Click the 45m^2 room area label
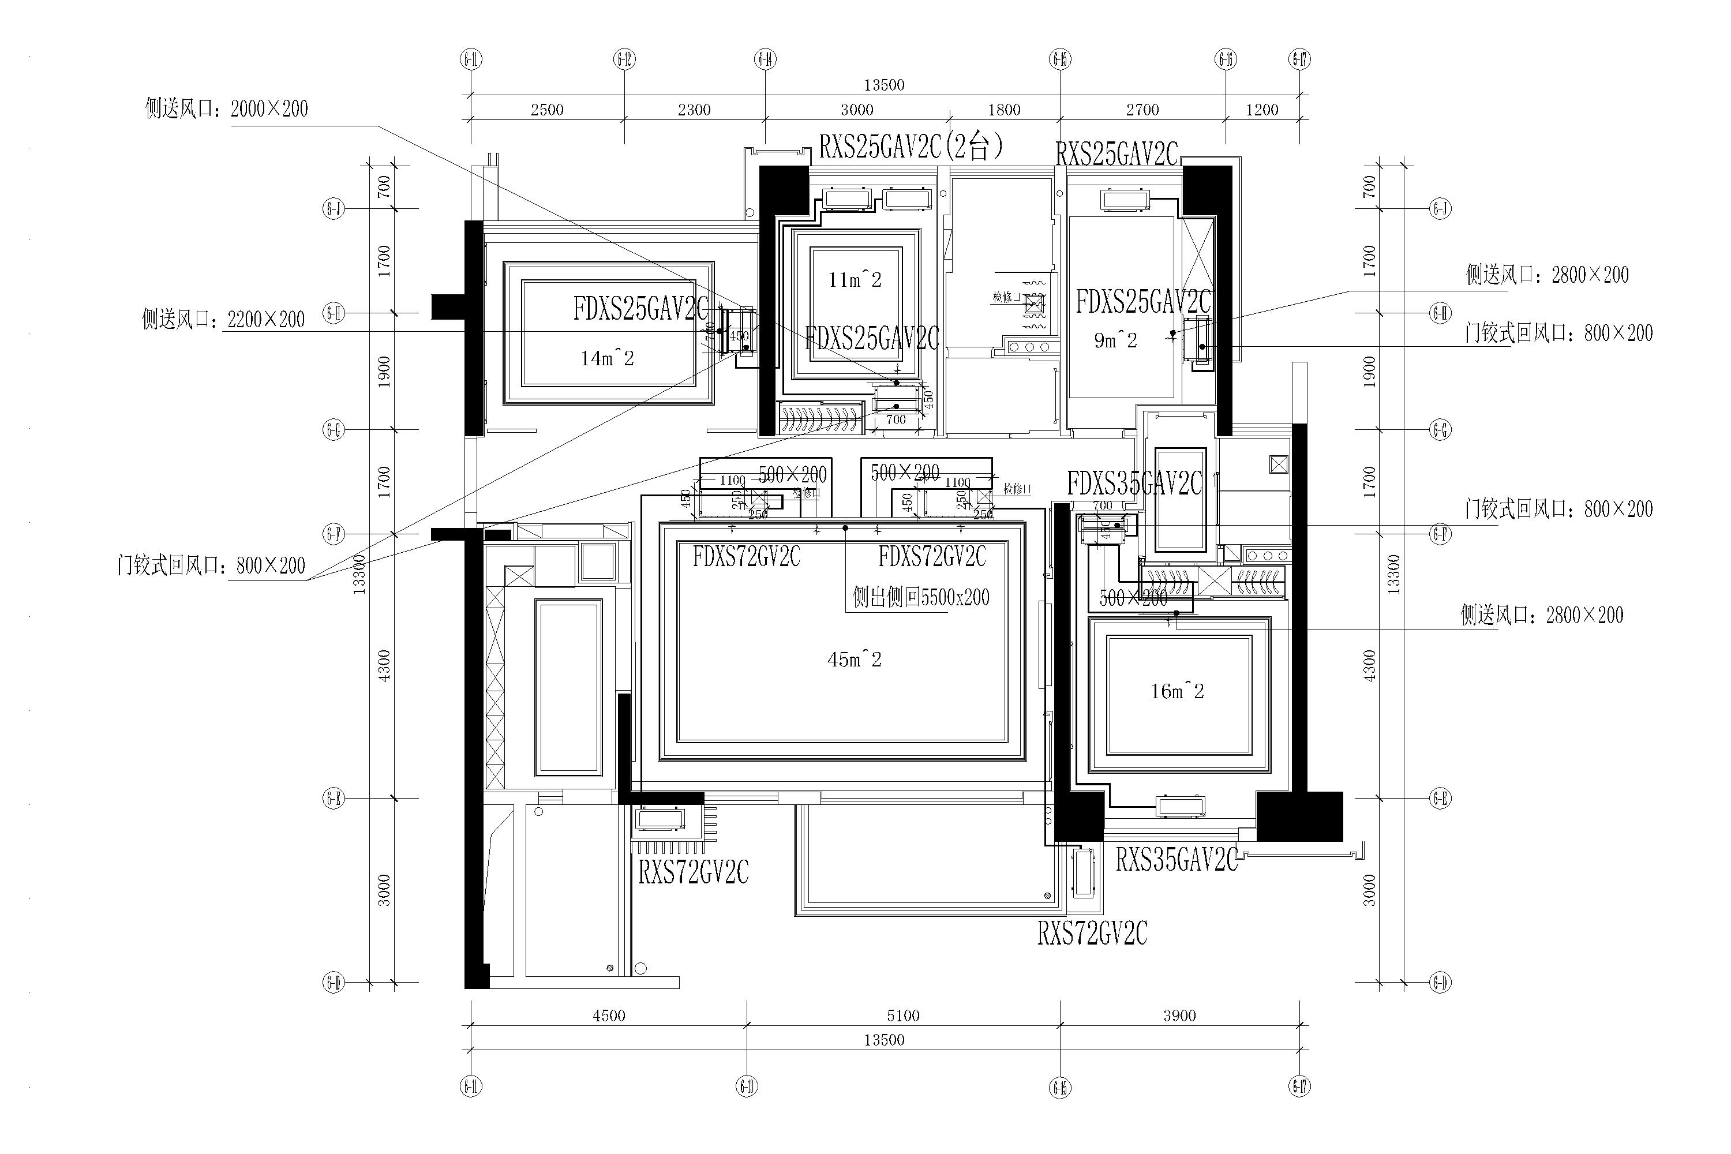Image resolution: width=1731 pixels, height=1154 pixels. (854, 660)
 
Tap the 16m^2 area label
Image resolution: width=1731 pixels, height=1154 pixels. (1177, 691)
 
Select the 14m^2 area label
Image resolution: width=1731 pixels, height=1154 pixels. (607, 358)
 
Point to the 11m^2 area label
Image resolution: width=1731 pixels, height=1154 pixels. (855, 280)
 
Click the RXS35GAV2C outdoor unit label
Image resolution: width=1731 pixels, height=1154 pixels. (1176, 860)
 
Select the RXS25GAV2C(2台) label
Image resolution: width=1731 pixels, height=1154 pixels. (911, 147)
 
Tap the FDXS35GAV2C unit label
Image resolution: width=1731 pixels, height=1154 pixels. (1134, 484)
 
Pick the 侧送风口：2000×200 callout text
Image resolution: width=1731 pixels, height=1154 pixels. (227, 109)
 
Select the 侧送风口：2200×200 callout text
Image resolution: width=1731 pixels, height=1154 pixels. (223, 320)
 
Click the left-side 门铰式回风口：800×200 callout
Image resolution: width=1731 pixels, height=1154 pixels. (211, 565)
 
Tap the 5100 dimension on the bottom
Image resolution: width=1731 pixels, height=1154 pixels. (903, 1016)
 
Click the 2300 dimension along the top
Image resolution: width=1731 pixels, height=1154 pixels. (694, 110)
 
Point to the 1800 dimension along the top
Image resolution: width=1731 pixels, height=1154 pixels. (1004, 110)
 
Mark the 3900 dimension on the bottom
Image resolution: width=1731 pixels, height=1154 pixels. (1179, 1016)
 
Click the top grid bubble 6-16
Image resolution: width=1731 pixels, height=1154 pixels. (1226, 59)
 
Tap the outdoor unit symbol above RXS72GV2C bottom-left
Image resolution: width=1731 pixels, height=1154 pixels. (660, 819)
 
